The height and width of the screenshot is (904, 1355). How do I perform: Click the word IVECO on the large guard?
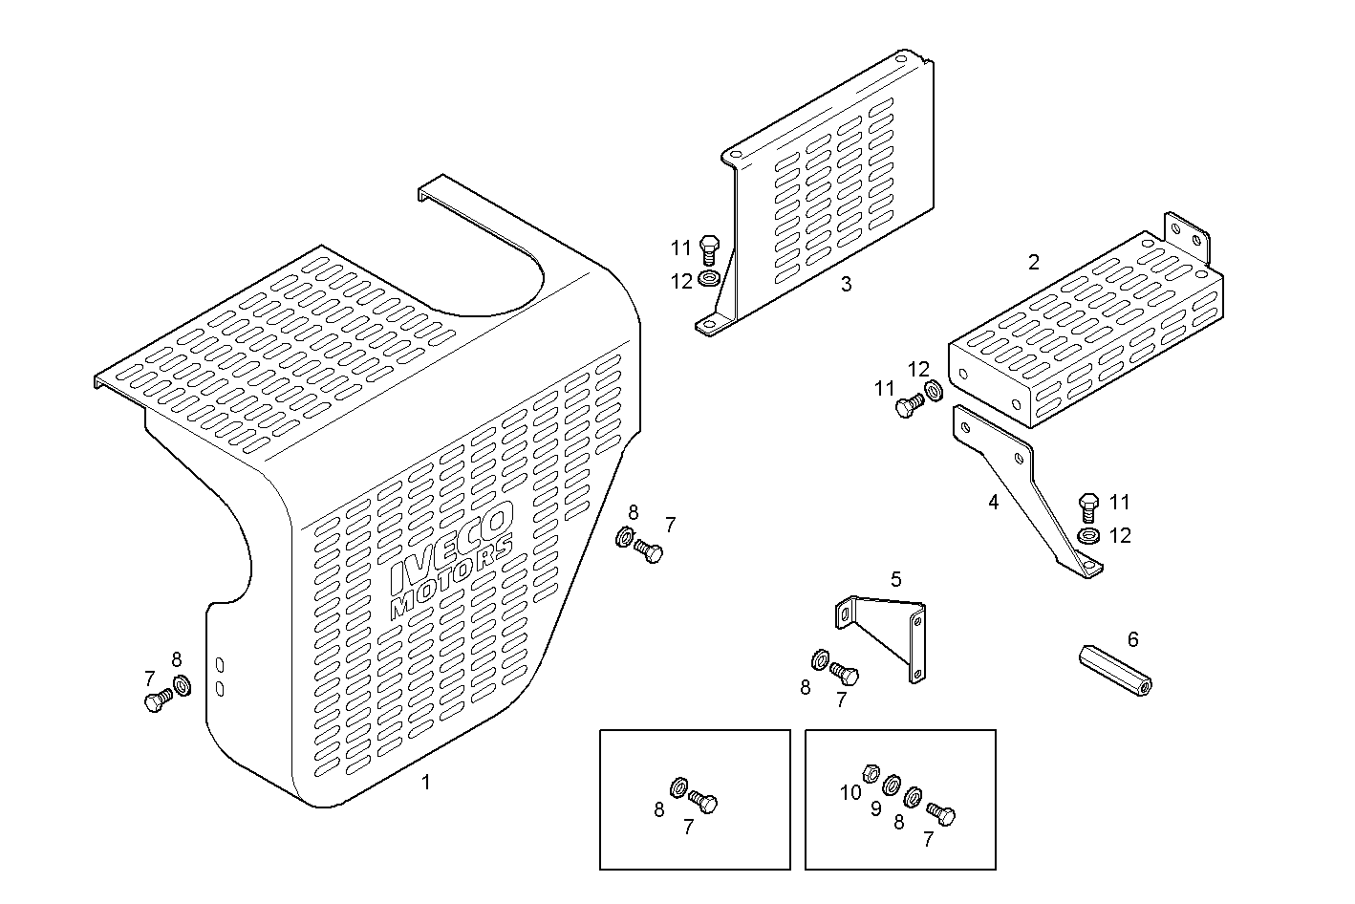point(451,547)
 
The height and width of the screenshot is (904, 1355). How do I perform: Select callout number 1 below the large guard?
point(426,783)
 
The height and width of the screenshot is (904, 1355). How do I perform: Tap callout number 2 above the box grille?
point(1033,262)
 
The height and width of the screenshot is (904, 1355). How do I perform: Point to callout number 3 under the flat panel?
point(846,284)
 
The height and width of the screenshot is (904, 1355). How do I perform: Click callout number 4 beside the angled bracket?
point(993,502)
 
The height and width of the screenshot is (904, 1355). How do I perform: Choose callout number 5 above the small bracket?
point(895,579)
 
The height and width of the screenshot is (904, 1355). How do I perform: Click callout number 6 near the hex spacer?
point(1133,639)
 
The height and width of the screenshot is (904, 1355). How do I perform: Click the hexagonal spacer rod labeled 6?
point(1115,671)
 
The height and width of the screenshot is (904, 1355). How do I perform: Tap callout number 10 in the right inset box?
point(850,792)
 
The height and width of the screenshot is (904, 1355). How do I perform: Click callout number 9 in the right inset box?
point(875,808)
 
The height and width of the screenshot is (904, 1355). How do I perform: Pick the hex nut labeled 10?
point(871,771)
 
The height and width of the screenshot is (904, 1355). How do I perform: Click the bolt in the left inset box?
point(703,803)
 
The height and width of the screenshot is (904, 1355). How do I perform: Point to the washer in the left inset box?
point(678,787)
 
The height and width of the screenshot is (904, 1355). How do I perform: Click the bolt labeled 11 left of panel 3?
point(708,249)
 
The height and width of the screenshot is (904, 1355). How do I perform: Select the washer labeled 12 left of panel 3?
point(708,279)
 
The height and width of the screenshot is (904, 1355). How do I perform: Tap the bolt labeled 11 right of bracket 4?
point(1088,506)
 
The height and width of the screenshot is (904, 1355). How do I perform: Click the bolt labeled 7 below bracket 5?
point(845,674)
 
